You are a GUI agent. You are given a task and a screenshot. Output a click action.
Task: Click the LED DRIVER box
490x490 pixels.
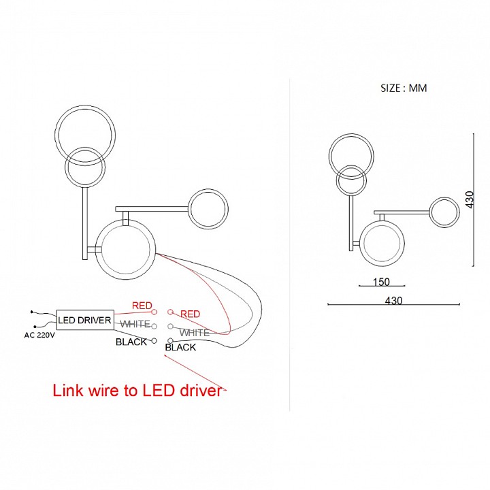coord(85,319)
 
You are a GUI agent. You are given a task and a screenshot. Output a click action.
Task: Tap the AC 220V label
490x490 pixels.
coord(39,335)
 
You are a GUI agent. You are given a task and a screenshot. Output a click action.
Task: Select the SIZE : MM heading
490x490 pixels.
coord(404,88)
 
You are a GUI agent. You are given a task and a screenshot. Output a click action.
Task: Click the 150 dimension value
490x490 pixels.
coord(381,282)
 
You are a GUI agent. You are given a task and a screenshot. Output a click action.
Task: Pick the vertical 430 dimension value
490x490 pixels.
coord(469,199)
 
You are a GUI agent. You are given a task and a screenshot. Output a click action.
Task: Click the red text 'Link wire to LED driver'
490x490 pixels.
coord(138,391)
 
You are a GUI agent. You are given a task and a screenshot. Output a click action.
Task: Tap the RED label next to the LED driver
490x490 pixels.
coord(142,306)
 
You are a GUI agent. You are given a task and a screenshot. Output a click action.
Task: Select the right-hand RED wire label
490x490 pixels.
coord(190,314)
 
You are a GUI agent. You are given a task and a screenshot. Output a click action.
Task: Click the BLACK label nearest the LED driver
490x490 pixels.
coord(131,342)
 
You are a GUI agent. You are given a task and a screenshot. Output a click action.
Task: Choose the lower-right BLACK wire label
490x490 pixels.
coord(180,347)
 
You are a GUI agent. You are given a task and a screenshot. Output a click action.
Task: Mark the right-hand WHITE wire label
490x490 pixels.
coord(194,333)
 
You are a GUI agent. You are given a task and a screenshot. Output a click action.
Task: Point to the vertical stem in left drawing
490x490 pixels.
coord(85,223)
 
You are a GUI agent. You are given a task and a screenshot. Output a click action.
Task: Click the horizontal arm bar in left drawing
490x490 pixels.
coord(152,208)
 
